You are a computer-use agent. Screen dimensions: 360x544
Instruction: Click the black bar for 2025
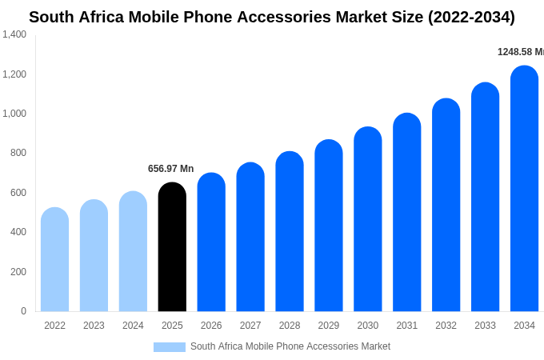pos(172,247)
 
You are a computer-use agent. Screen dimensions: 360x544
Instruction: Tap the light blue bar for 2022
pos(54,260)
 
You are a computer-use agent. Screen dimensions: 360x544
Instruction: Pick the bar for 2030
pos(368,219)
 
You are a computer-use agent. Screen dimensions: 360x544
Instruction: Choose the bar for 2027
pos(250,237)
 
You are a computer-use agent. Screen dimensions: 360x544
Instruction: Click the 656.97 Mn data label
pos(170,169)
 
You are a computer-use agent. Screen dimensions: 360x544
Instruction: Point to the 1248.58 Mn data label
pos(520,52)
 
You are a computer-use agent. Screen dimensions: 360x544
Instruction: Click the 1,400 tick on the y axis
pos(14,34)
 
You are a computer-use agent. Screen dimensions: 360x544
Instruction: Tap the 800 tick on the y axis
pos(18,153)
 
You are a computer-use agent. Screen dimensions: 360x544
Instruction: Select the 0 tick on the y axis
pos(23,311)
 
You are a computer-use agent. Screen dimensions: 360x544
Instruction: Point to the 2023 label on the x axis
pos(94,326)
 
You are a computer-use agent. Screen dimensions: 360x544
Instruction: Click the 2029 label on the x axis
pos(329,326)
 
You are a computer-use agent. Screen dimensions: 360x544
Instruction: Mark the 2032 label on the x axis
pos(446,326)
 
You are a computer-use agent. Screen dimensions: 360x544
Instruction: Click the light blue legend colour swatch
pos(169,347)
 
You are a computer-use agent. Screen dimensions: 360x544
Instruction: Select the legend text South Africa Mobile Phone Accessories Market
pos(290,346)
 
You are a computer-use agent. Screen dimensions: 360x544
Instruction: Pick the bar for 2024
pos(133,251)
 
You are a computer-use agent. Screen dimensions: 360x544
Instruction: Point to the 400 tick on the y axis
pos(18,232)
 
